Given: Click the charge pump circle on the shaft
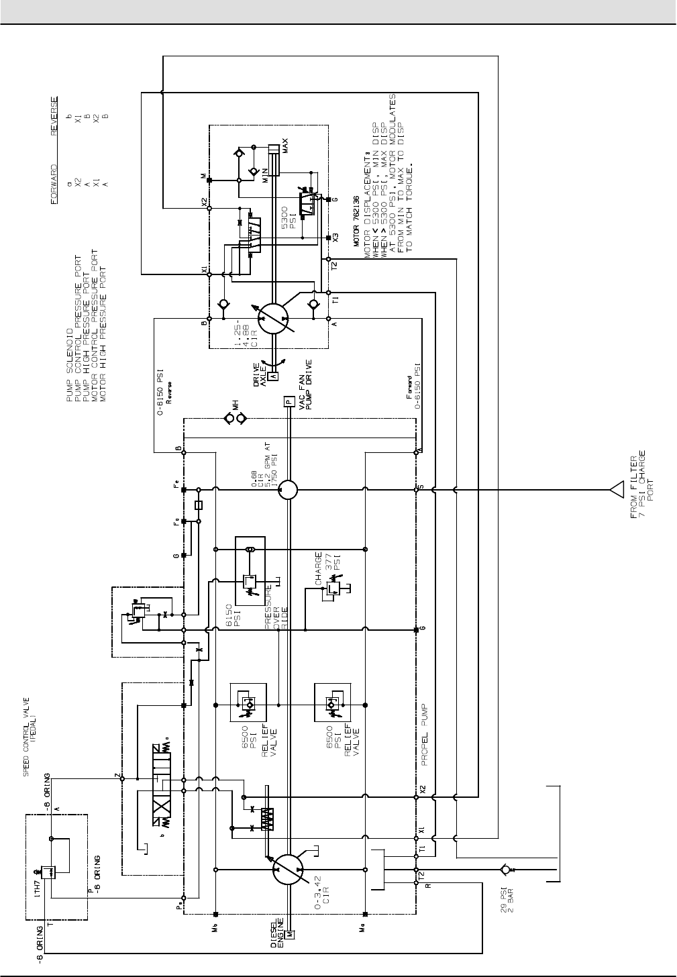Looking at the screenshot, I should coord(289,490).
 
